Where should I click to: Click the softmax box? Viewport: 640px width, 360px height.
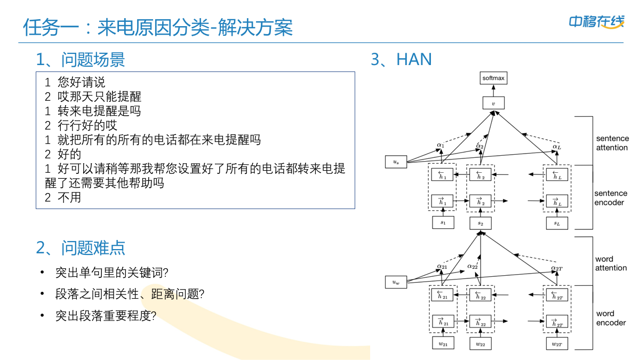coord(493,78)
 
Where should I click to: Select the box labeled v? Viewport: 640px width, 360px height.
coord(493,103)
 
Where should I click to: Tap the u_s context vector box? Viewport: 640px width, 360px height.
coord(396,162)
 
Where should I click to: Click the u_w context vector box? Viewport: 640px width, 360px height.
coord(396,282)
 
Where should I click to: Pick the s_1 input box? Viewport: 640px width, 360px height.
coord(443,222)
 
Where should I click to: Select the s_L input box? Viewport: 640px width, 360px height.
coord(557,223)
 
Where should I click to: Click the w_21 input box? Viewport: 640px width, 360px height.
coord(443,344)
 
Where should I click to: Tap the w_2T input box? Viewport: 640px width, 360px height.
coord(557,344)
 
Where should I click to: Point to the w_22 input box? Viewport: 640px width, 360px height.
coord(481,344)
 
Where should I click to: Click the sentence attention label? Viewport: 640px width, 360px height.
coord(612,143)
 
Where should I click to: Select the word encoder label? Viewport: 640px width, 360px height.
coord(611,318)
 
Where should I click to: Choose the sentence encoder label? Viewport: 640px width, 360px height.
coord(611,198)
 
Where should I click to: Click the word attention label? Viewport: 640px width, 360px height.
coord(611,263)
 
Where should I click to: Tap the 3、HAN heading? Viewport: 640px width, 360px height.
coord(401,59)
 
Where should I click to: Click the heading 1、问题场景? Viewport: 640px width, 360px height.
coord(81,59)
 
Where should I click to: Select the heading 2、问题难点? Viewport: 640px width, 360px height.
coord(81,247)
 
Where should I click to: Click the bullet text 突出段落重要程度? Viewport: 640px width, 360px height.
coord(106,315)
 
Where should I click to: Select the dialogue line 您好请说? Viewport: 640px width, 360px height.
coord(75,82)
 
